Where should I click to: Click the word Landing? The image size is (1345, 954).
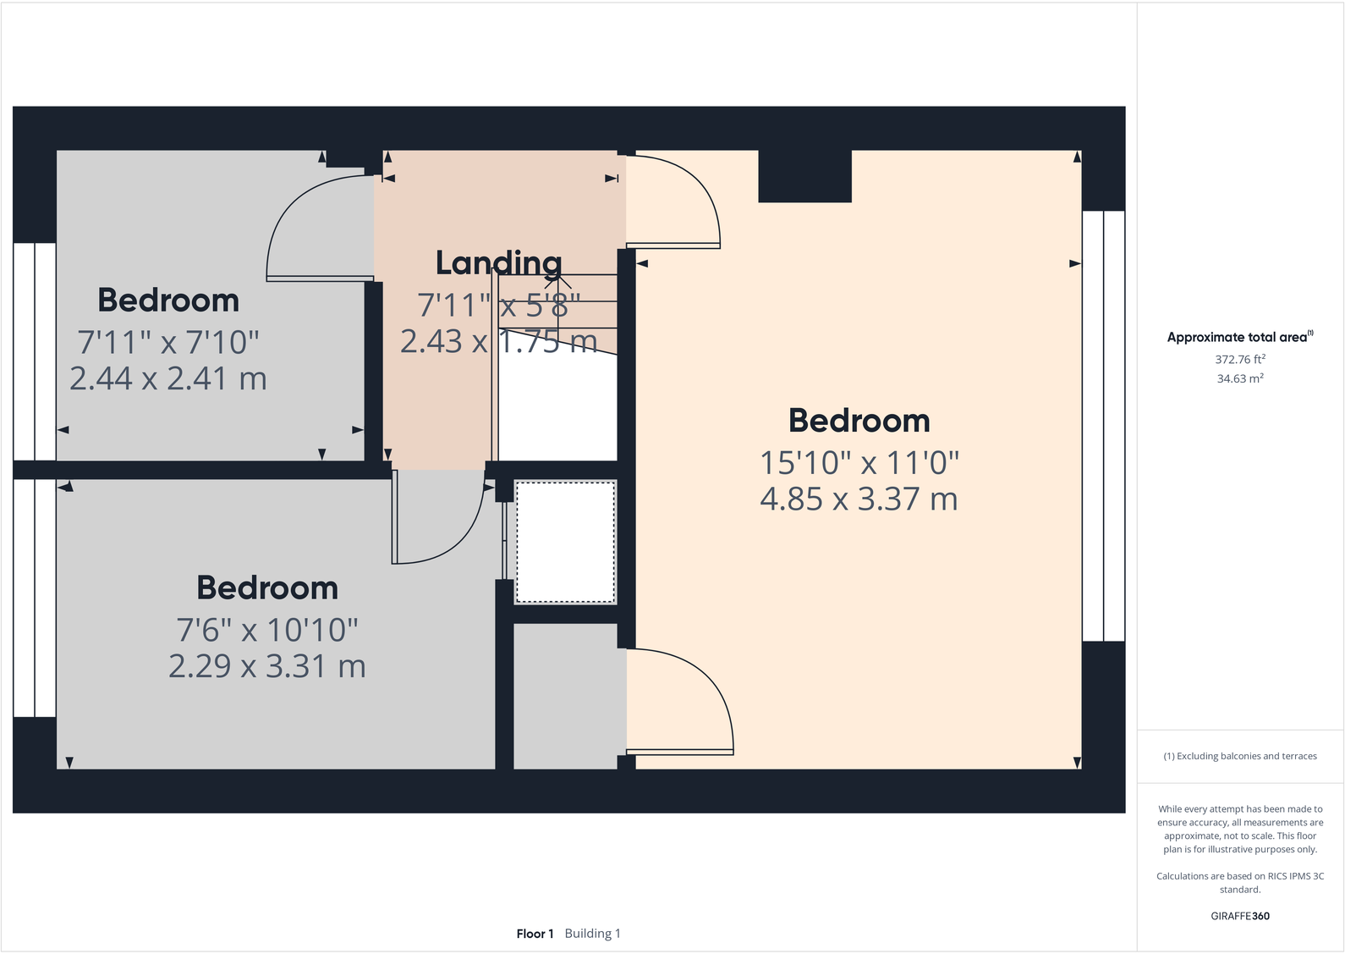pos(498,263)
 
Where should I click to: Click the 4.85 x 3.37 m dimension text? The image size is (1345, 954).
pos(859,499)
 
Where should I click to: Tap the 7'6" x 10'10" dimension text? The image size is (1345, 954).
pos(267,631)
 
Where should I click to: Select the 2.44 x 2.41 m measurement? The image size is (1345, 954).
pos(168,378)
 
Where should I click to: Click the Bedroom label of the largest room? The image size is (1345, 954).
pos(859,421)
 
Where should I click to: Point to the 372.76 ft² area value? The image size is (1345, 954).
pos(1239,360)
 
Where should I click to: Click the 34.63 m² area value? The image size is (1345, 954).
pos(1239,379)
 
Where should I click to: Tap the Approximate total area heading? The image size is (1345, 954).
pos(1238,337)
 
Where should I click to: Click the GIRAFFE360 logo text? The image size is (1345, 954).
pos(1239,916)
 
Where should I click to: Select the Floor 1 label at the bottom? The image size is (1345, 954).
pos(535,934)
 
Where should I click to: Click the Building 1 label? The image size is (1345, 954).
pos(592,934)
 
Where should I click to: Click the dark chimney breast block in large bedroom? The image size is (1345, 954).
pos(804,176)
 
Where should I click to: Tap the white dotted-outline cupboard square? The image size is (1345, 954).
pos(565,542)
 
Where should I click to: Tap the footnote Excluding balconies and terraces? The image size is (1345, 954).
pos(1239,756)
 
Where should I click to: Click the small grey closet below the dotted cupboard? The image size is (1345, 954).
pos(565,696)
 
